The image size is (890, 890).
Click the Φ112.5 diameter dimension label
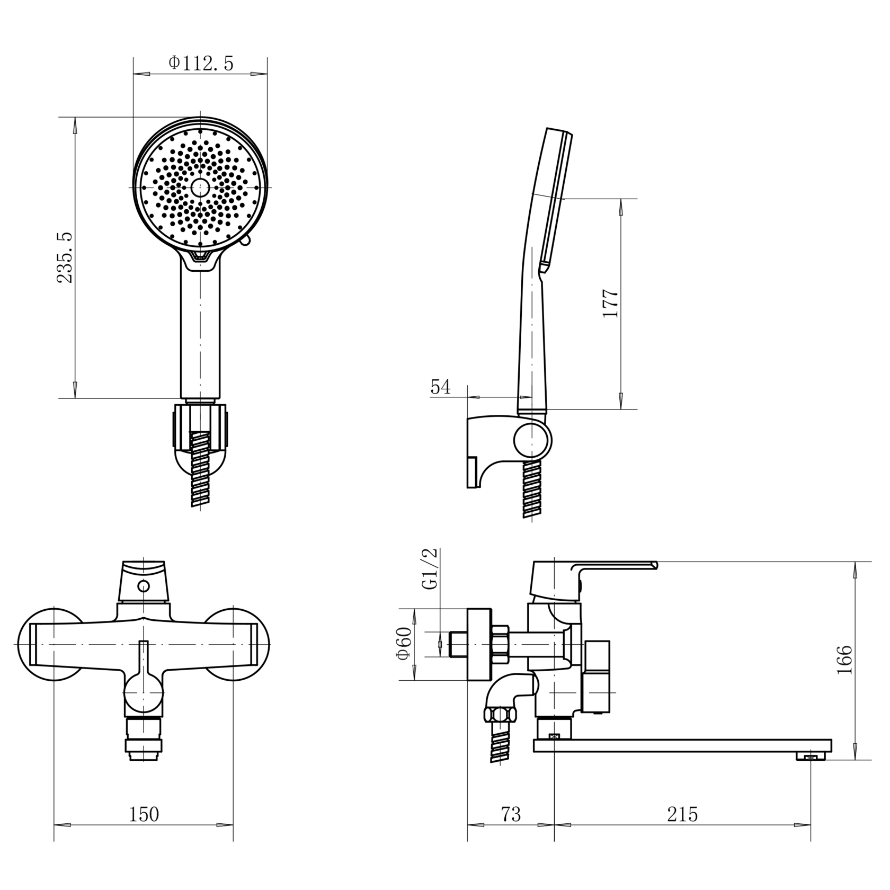201,63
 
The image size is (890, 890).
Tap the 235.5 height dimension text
65,257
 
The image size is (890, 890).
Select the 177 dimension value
610,304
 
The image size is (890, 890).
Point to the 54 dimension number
440,387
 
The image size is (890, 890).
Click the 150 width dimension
144,814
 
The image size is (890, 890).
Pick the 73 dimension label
511,814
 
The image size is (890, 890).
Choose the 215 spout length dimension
682,814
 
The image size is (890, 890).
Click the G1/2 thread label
430,569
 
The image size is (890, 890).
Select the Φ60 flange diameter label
404,643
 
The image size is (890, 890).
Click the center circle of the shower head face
200,187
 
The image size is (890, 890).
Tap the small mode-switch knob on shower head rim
245,241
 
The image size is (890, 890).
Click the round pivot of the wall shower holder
532,441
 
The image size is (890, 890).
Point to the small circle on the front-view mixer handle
143,585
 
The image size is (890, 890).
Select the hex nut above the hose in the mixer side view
501,715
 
